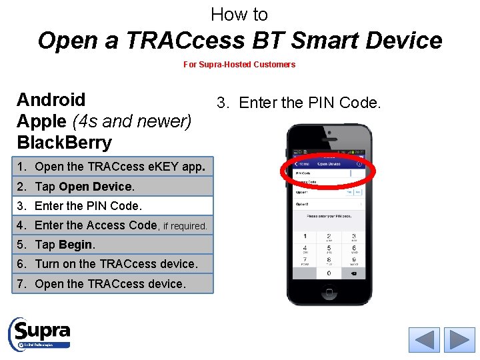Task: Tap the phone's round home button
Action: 329,291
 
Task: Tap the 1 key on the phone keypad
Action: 305,237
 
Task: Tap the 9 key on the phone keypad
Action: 353,261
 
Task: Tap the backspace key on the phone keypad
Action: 353,273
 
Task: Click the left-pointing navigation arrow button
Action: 424,339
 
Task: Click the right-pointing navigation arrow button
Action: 459,339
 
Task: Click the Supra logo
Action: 40,333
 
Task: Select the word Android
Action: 51,100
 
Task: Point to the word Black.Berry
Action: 64,142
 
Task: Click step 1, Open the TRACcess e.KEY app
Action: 114,167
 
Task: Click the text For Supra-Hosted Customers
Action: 239,65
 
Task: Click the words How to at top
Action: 239,14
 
